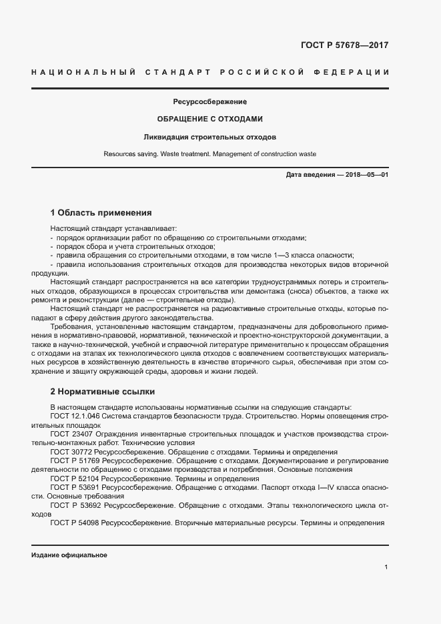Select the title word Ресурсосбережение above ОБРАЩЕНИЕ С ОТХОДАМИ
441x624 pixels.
(x=210, y=102)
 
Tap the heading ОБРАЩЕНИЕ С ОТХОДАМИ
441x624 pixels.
(x=210, y=119)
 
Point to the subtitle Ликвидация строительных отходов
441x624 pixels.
(x=210, y=137)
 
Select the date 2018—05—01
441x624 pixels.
(x=365, y=175)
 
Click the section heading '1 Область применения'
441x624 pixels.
(x=101, y=214)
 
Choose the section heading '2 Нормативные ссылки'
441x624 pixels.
(x=103, y=392)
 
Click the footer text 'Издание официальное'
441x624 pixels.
(x=69, y=555)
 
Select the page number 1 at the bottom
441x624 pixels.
(x=386, y=567)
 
